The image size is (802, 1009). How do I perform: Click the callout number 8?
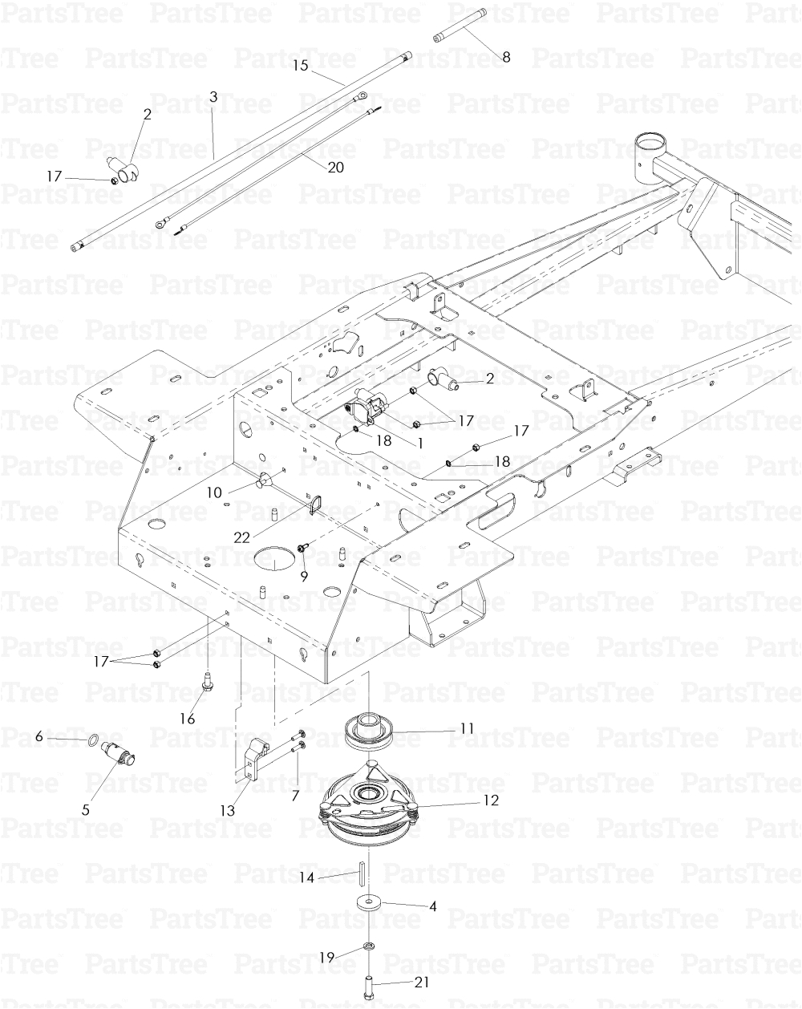(x=505, y=57)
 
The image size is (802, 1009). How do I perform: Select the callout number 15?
(x=301, y=66)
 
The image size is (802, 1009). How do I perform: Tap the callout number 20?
(x=335, y=167)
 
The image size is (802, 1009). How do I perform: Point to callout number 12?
(x=491, y=800)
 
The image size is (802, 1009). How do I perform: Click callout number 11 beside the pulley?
(x=467, y=728)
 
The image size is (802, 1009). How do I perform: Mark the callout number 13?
(x=229, y=811)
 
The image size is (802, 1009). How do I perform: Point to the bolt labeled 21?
(x=368, y=982)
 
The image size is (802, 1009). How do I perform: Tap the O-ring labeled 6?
(x=94, y=737)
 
